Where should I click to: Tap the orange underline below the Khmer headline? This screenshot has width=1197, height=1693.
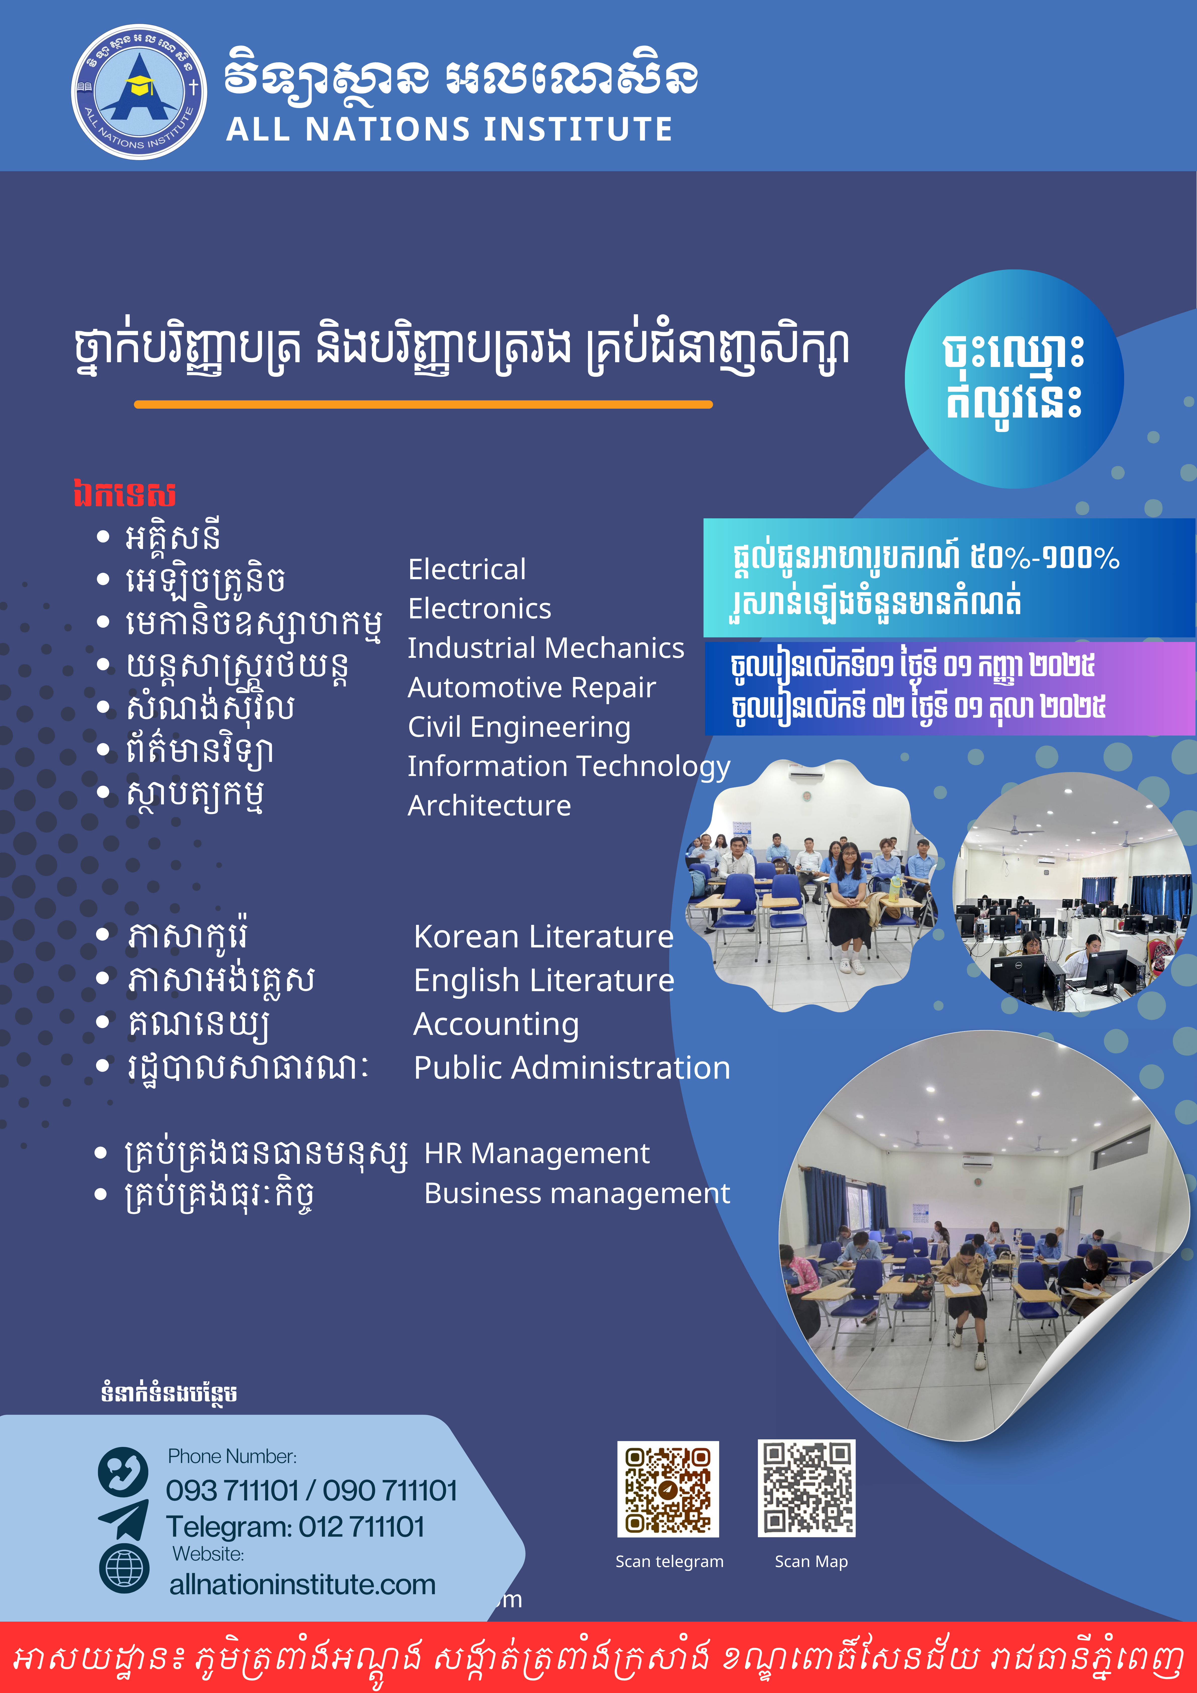(x=423, y=404)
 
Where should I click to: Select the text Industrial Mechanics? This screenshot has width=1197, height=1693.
(x=546, y=648)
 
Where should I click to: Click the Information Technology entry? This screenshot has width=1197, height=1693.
(x=569, y=767)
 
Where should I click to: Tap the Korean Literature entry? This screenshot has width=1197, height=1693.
(x=543, y=936)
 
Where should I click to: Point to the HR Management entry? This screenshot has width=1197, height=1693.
(x=537, y=1153)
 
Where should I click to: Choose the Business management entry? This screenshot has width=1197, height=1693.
(x=577, y=1193)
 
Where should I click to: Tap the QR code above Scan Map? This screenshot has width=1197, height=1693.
(x=807, y=1488)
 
